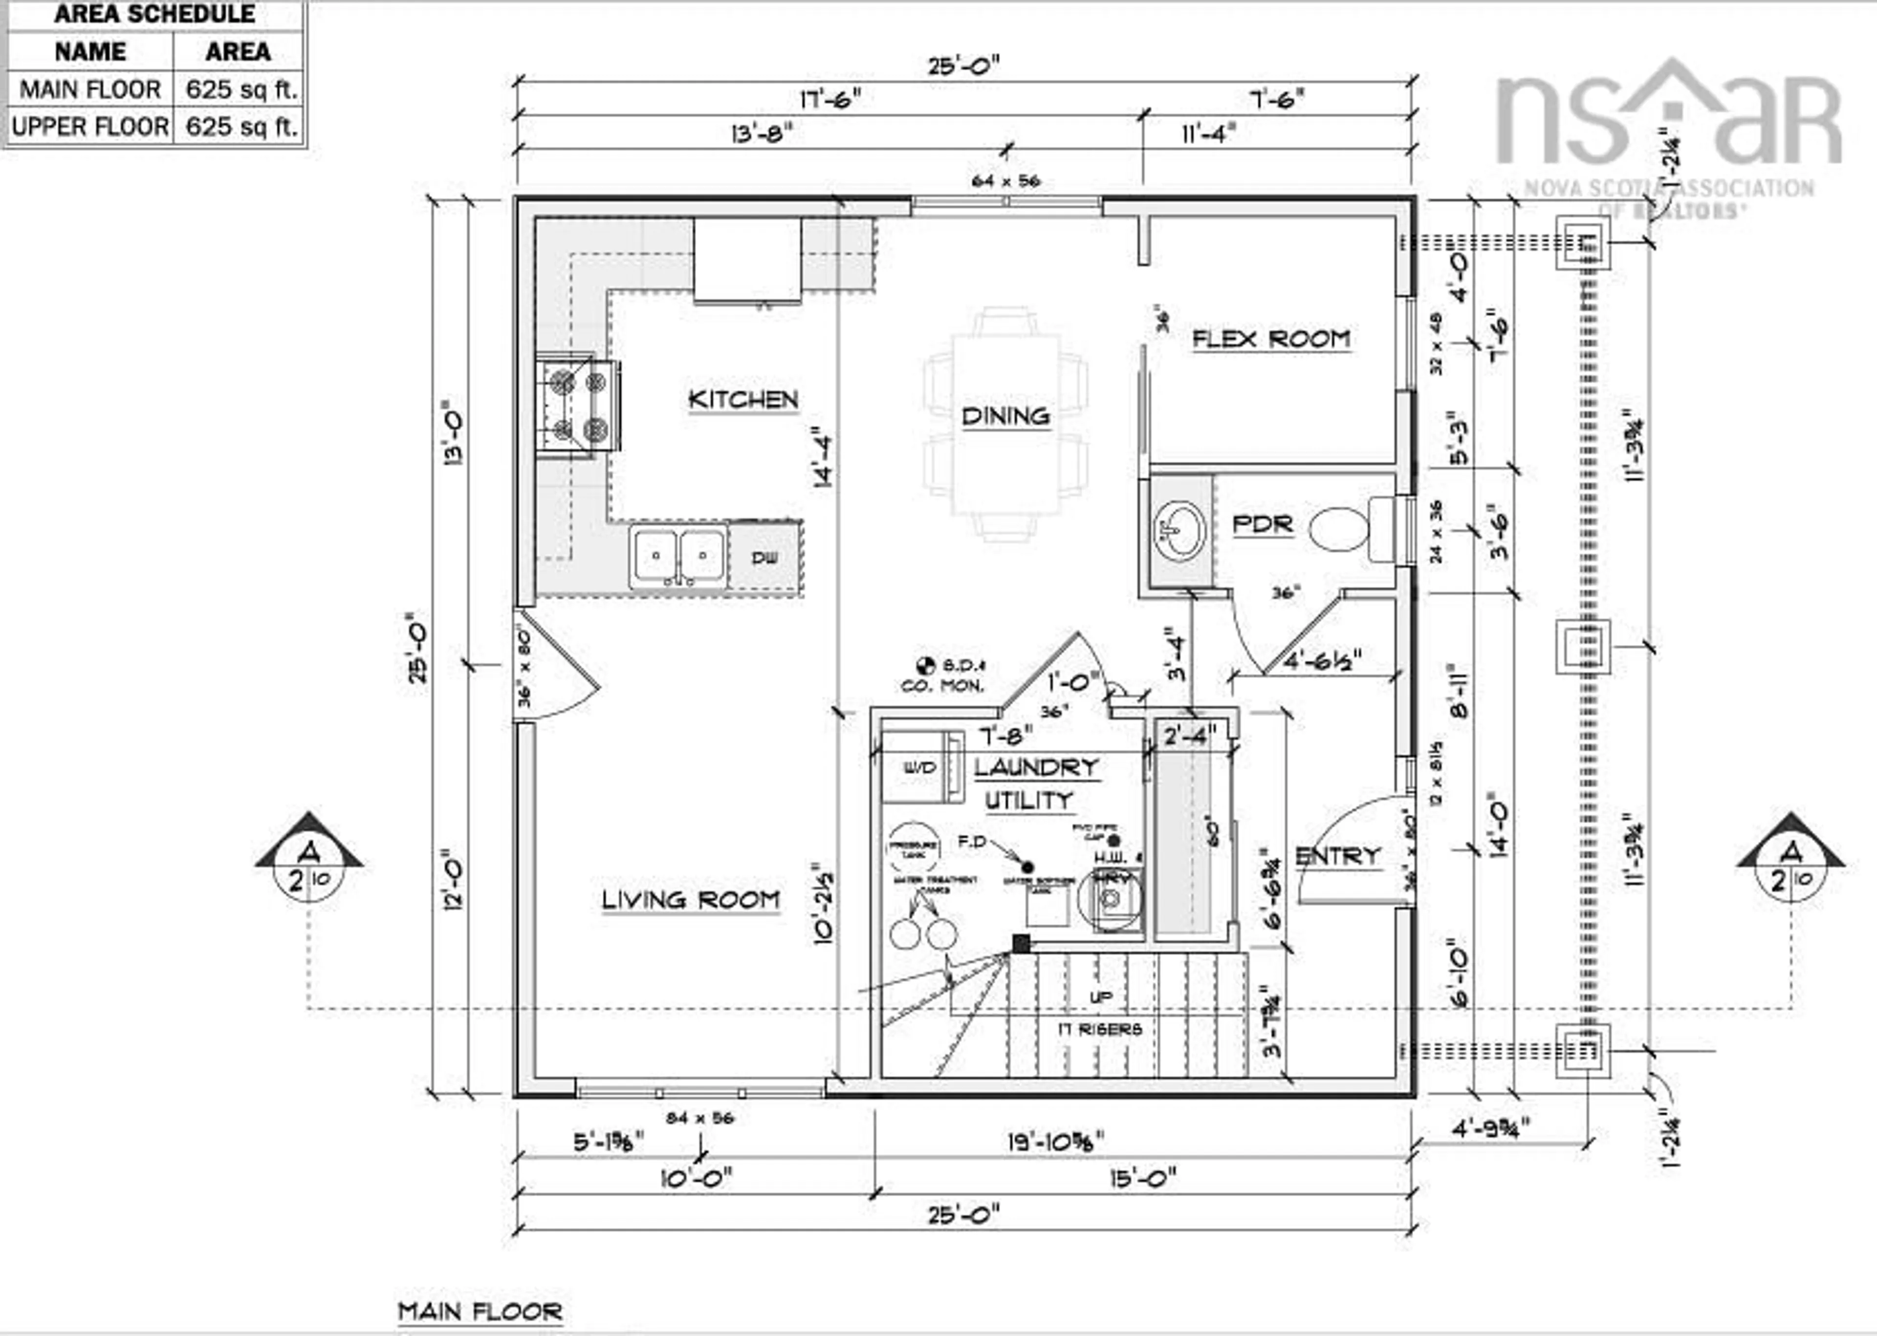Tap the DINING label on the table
tap(1005, 416)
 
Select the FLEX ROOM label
tap(1271, 339)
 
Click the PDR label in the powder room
tap(1262, 524)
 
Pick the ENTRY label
tap(1337, 857)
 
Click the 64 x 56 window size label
tap(1005, 181)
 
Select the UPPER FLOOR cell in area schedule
tap(89, 127)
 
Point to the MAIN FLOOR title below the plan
tap(480, 1311)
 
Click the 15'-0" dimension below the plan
tap(1142, 1178)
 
